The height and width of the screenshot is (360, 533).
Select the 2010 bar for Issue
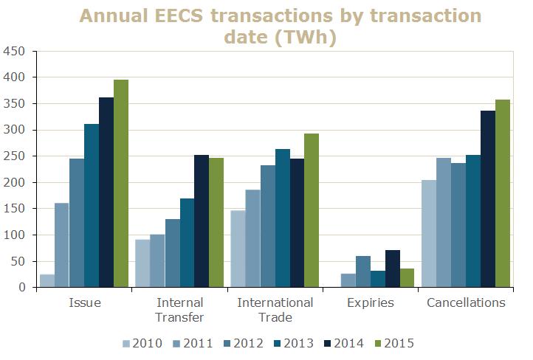pos(47,281)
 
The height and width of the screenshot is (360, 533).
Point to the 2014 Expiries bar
pos(392,269)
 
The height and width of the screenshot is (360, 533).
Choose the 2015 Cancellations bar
pos(502,204)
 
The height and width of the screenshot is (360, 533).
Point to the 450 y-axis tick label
pos(14,51)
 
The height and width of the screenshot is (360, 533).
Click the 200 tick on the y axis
pos(14,182)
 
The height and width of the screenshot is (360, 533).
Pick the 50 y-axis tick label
pos(18,261)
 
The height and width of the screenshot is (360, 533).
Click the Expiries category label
pos(370,302)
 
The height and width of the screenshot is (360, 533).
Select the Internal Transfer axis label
pos(179,310)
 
